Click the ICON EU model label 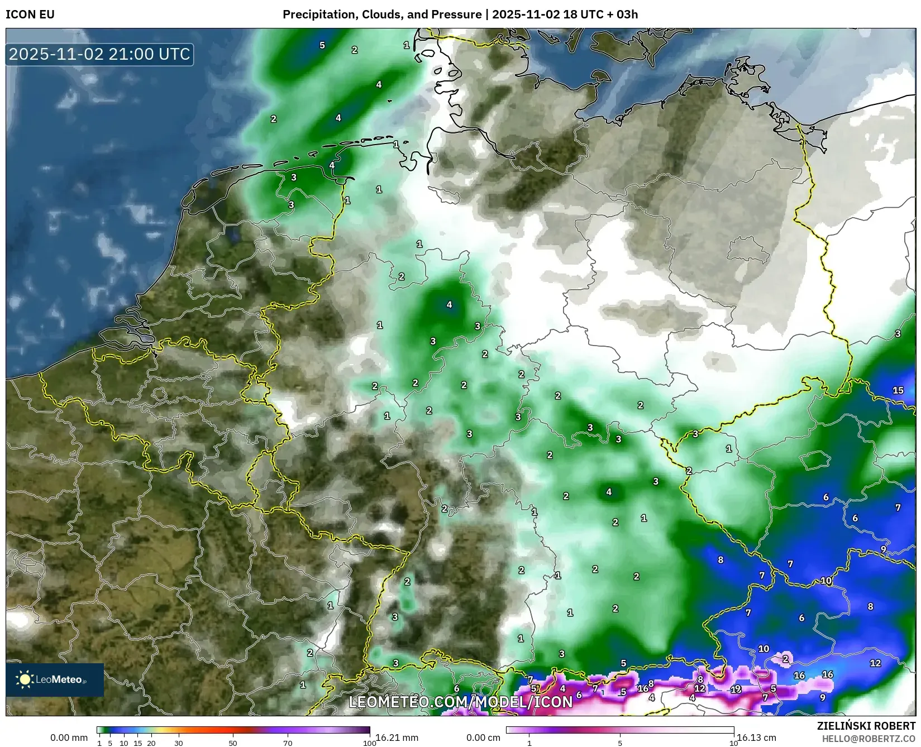30,15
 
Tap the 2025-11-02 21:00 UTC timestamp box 99,54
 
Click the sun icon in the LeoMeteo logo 25,679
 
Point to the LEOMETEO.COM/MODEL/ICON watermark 461,702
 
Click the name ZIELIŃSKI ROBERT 866,726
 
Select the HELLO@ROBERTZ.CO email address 868,739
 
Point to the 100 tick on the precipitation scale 369,743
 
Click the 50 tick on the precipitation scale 233,743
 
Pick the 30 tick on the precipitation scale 178,743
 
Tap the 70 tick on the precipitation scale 288,743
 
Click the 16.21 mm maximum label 397,738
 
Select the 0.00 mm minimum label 69,738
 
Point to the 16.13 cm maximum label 756,738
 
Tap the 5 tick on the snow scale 620,743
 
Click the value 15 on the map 898,390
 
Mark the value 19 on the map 736,689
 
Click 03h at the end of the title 627,15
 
